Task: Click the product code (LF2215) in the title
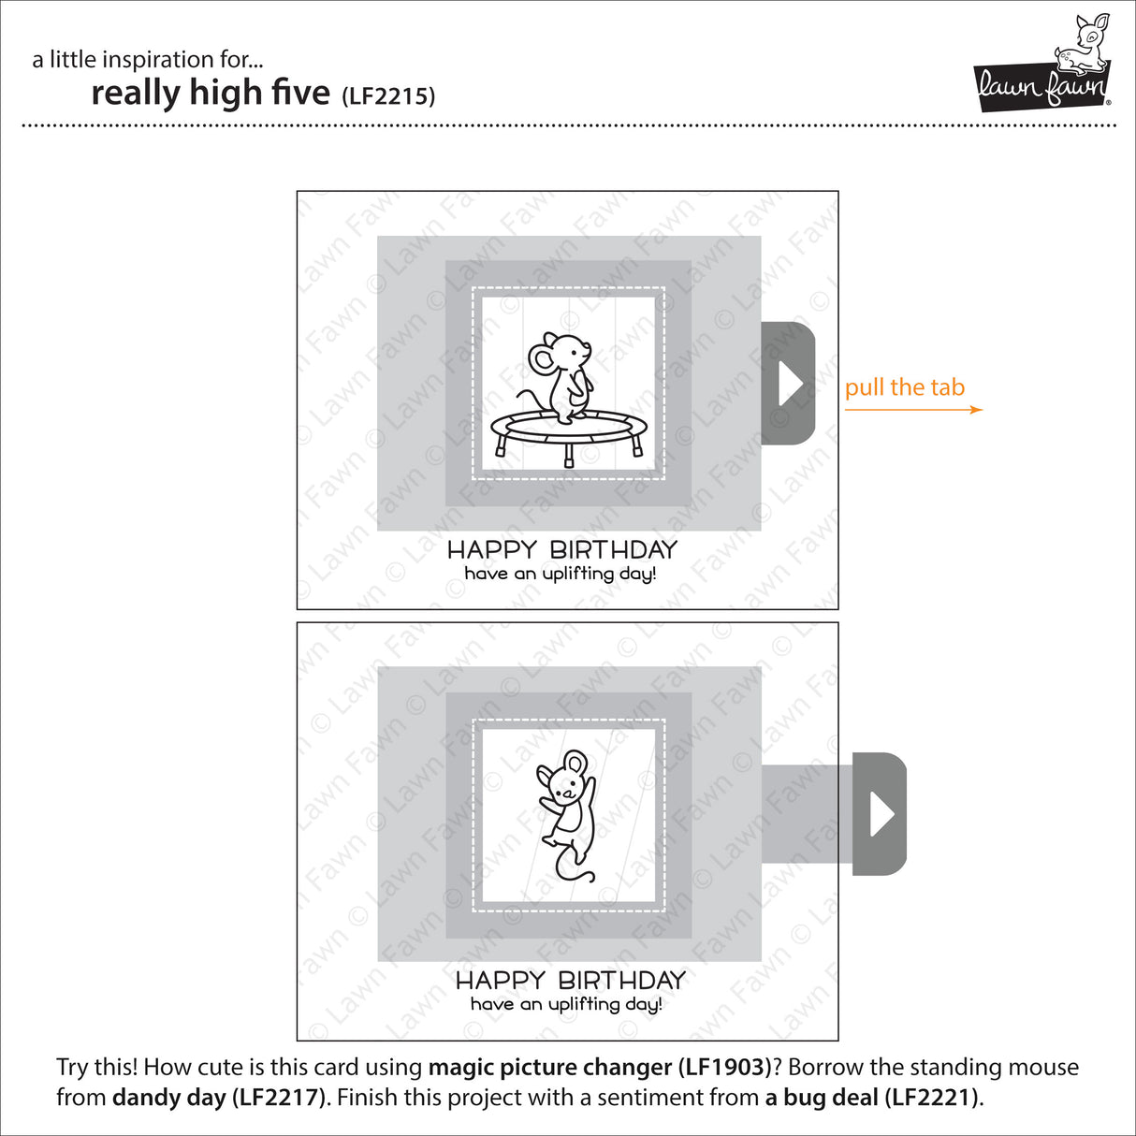pos(388,95)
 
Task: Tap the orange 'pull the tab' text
pos(904,387)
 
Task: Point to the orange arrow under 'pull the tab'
pos(913,410)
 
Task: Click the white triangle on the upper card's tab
pos(791,384)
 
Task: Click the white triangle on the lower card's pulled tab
pos(881,814)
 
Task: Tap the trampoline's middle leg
pos(568,455)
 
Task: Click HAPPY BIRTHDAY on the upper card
pos(561,549)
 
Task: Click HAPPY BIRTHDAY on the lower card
pos(570,980)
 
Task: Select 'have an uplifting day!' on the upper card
pos(561,574)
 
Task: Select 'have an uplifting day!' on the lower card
pos(566,1004)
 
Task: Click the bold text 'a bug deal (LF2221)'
pos(872,1097)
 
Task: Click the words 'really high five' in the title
pos(211,93)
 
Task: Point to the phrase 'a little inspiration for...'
pos(147,60)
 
